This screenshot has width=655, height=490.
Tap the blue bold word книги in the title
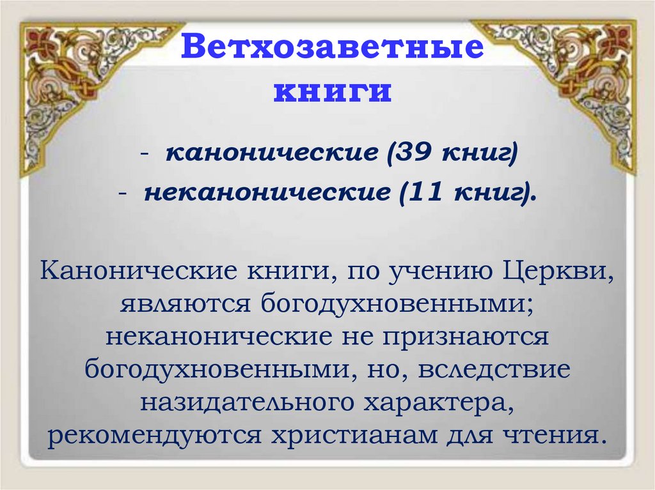[332, 91]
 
